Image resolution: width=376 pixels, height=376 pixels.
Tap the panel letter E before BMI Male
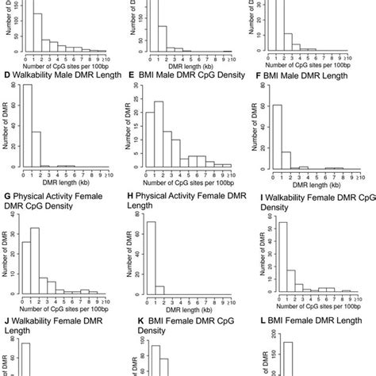click(x=131, y=75)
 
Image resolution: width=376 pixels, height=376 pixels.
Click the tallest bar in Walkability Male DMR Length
click(x=28, y=127)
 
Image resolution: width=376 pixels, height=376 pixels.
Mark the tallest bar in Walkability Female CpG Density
click(x=274, y=262)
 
